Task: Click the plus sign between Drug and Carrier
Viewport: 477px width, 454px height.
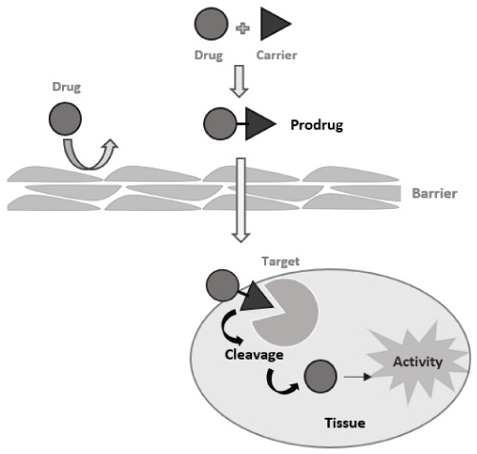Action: tap(242, 29)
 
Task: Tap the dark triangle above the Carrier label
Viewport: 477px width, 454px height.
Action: tap(274, 24)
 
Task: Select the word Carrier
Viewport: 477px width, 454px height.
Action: tap(277, 55)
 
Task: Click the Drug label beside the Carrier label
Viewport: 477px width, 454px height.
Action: tap(209, 55)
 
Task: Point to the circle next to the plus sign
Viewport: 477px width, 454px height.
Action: tap(211, 24)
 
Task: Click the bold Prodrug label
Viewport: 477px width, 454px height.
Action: tap(317, 125)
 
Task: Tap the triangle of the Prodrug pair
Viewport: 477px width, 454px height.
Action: tap(259, 124)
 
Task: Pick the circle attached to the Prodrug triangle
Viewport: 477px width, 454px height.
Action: tap(220, 124)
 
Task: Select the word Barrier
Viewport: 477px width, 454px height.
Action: tap(434, 194)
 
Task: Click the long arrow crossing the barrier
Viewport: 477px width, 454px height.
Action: tap(241, 200)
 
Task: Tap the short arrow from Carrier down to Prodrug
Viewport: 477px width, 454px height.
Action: tap(238, 81)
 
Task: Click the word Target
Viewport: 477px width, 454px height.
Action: tap(280, 261)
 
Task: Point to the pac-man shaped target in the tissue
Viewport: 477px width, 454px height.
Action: tap(289, 313)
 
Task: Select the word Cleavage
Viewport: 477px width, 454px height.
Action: tap(254, 355)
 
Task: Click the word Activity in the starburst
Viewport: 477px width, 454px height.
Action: tap(418, 362)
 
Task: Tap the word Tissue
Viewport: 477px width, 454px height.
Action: tap(344, 423)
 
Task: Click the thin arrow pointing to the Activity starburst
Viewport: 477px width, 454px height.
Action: tap(358, 377)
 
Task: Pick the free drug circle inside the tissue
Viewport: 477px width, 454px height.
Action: tap(321, 377)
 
